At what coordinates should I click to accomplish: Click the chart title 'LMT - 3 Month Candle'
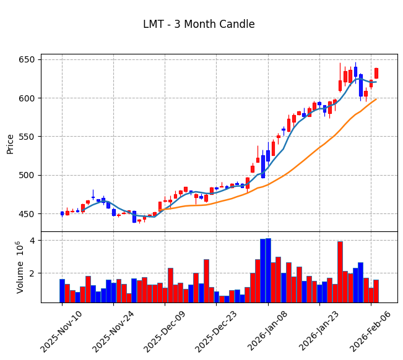[199, 25]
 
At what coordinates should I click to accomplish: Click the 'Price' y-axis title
[10, 144]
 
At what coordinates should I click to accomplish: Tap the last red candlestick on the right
[376, 73]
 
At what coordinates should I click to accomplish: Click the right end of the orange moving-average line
[376, 99]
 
